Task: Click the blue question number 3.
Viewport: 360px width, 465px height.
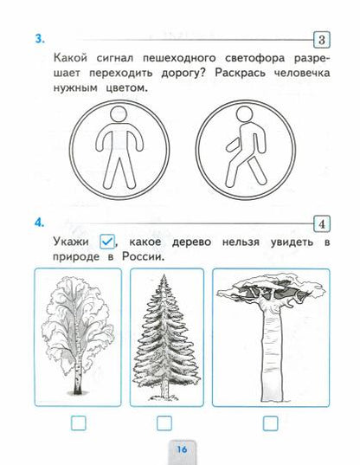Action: [x=39, y=38]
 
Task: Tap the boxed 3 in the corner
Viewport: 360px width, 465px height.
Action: [x=322, y=40]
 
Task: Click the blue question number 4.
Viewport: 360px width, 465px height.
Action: [x=39, y=223]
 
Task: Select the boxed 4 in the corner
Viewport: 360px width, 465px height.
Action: [x=322, y=224]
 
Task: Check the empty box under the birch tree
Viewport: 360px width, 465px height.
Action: [x=78, y=423]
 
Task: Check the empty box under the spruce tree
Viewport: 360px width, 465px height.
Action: [x=165, y=423]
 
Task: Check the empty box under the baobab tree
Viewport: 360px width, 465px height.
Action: [x=271, y=423]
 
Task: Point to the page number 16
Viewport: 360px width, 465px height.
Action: [x=182, y=449]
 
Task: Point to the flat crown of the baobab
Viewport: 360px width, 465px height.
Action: [x=271, y=291]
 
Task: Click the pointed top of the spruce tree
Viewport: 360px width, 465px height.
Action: [x=165, y=281]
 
